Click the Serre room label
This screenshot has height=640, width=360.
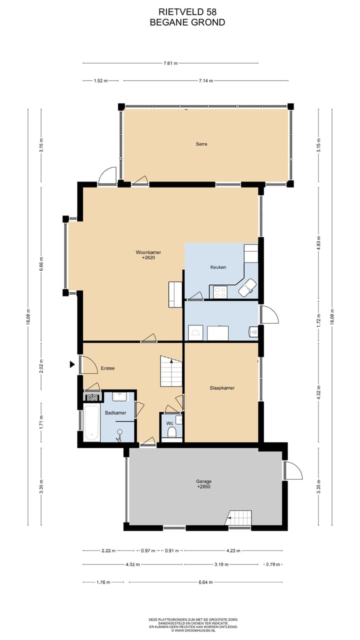coord(201,144)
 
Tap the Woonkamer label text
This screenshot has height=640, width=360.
coord(148,252)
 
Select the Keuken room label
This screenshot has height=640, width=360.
coord(218,267)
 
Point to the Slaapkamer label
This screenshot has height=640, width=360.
coord(222,387)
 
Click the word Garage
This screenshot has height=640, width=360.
coord(203,481)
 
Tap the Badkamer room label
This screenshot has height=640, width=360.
coord(115,412)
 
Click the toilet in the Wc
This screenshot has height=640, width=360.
coord(171,431)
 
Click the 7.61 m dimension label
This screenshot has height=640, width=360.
coord(170,63)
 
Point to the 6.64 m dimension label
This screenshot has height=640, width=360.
coord(205,582)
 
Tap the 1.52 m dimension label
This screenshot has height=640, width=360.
coord(100,80)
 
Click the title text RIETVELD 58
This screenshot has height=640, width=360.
coord(187,11)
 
